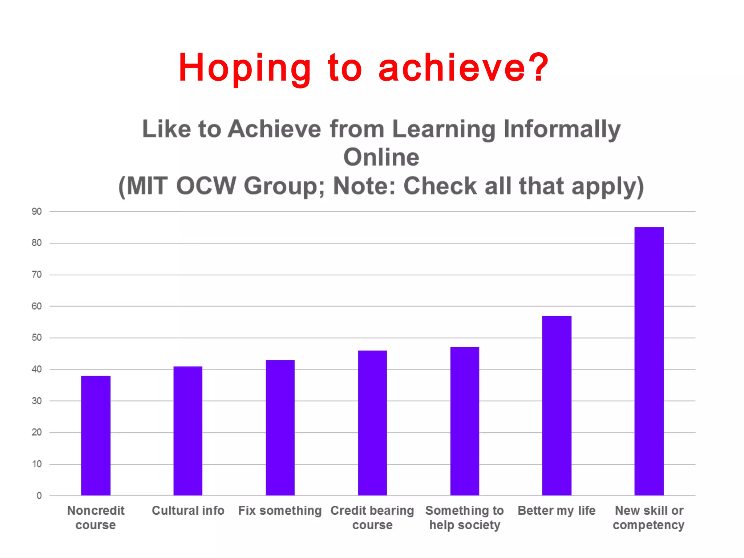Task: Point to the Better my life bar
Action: (557, 405)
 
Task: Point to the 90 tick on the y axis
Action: (37, 211)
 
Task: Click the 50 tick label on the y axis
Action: (37, 337)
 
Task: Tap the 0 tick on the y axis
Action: (39, 496)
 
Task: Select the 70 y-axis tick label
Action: (37, 275)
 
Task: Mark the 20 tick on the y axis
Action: (37, 432)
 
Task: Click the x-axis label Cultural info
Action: (188, 511)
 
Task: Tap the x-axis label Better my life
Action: (557, 511)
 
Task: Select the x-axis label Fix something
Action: (280, 511)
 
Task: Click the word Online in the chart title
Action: (381, 157)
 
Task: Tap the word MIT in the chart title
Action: (147, 186)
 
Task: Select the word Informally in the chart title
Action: (562, 129)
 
